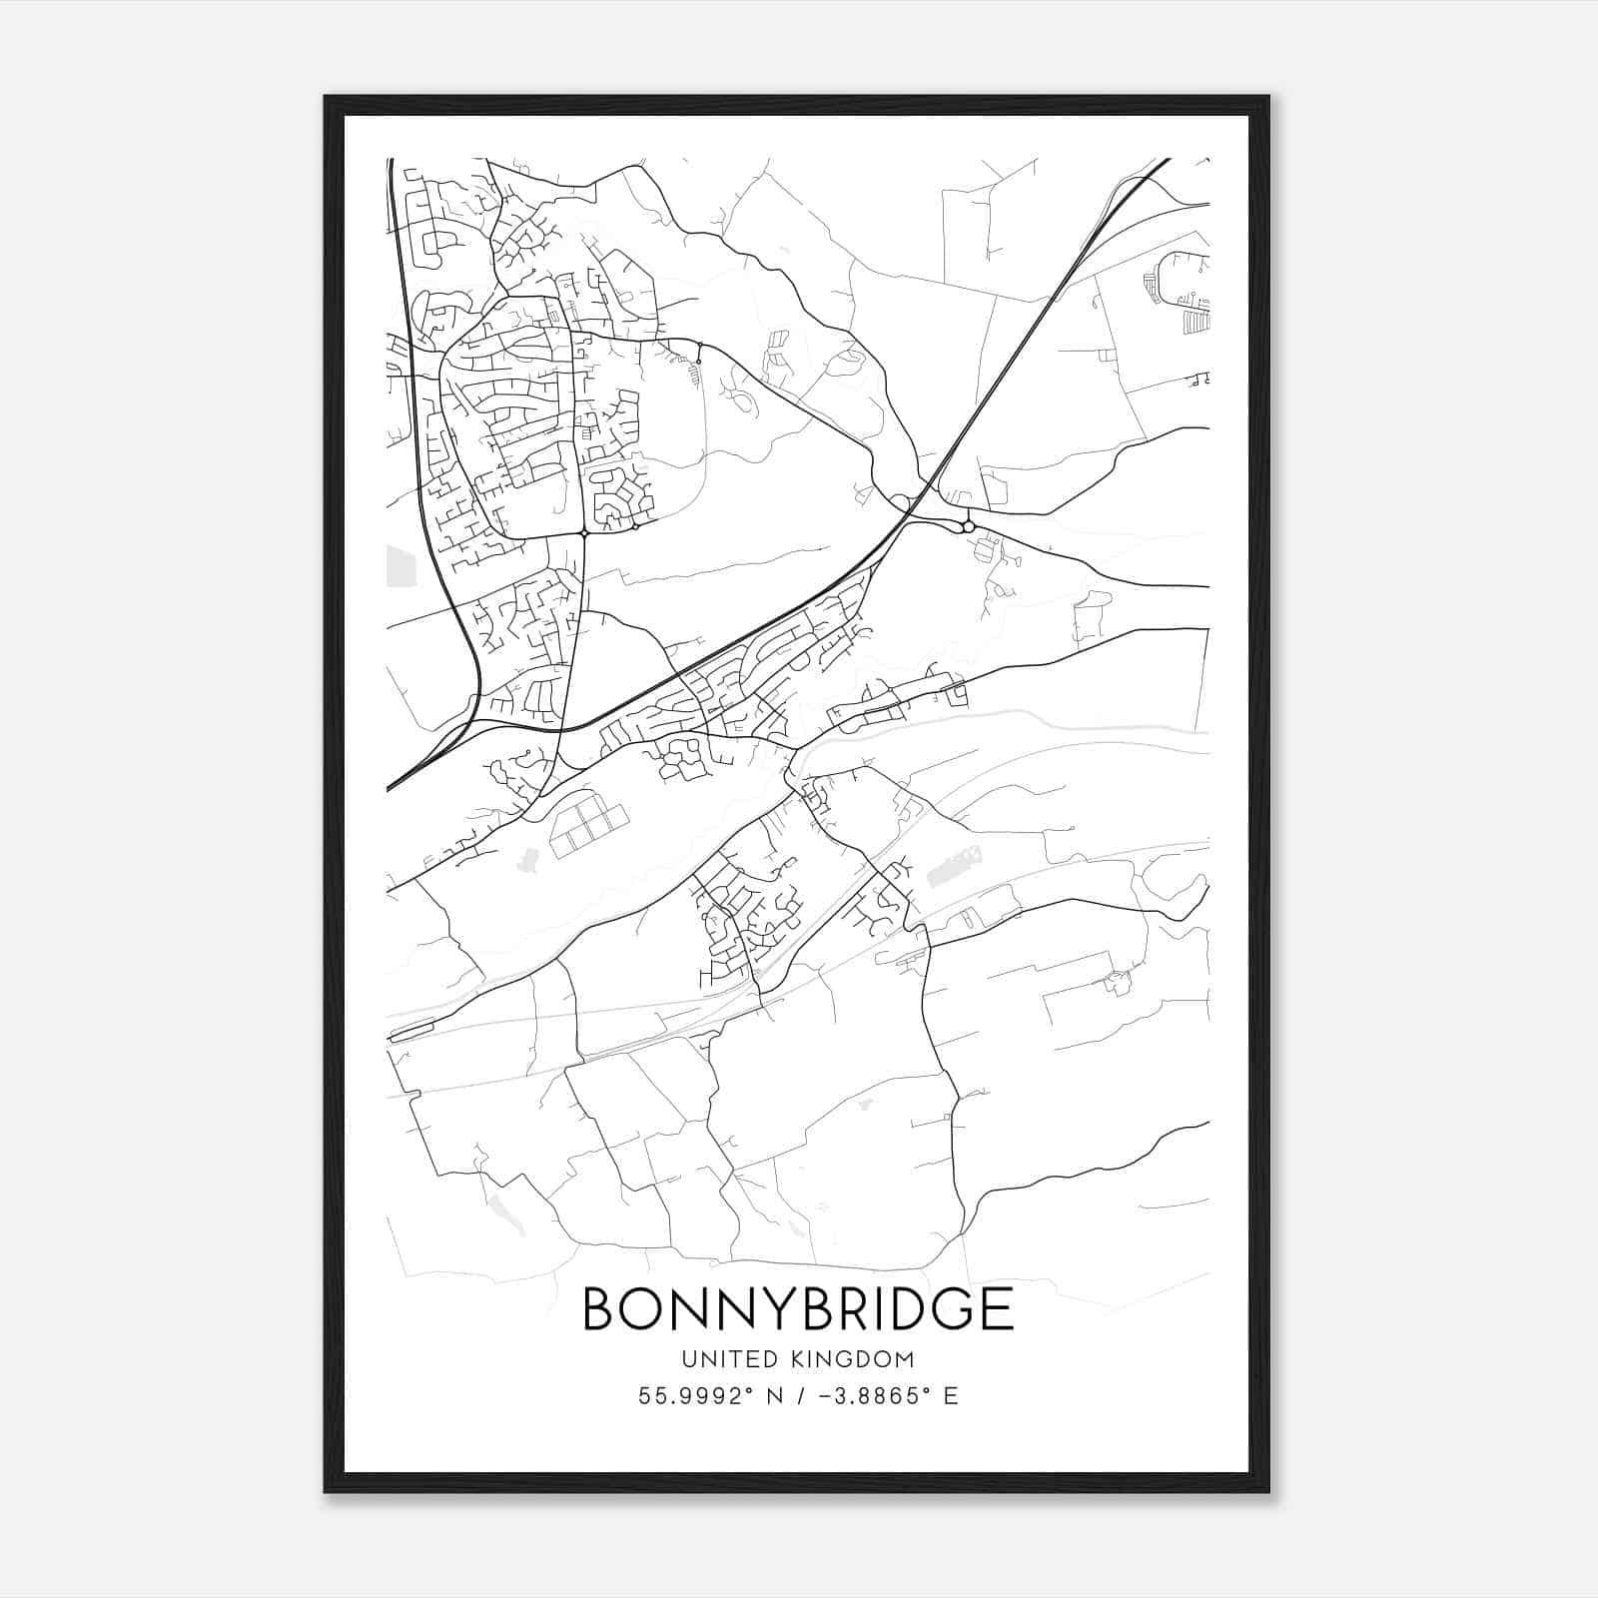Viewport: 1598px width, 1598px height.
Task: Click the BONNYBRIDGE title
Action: click(797, 1308)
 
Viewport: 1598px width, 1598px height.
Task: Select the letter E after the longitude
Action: click(951, 1396)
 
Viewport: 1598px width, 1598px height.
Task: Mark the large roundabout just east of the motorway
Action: click(968, 525)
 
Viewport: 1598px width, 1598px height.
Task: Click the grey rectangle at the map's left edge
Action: click(399, 565)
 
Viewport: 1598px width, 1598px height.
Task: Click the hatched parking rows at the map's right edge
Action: click(1195, 322)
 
